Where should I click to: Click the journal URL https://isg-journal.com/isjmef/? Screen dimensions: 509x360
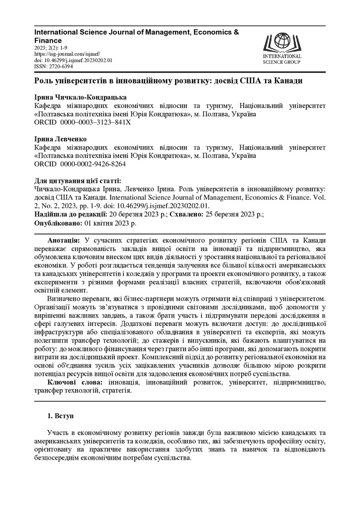tap(68, 54)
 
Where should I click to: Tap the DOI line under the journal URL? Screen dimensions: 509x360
tap(73, 60)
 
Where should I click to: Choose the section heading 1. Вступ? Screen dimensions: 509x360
tap(60, 414)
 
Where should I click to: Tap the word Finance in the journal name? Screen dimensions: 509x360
tap(48, 40)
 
